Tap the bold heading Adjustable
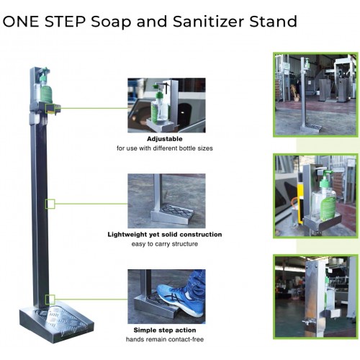pos(164,138)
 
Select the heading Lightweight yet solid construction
pos(165,234)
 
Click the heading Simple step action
pos(165,329)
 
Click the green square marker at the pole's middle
pos(50,204)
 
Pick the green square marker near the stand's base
pos(50,299)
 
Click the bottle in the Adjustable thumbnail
pos(159,108)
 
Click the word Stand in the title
pos(273,21)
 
